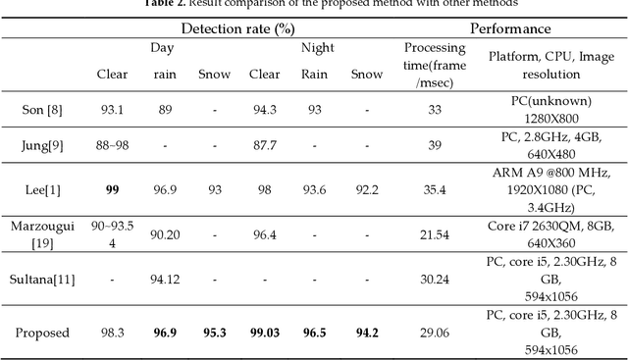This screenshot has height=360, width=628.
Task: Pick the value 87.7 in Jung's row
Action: (265, 144)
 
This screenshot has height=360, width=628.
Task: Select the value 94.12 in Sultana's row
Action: (164, 279)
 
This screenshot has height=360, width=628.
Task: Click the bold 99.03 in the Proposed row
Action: (265, 333)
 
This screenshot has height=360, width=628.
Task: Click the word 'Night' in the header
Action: (316, 47)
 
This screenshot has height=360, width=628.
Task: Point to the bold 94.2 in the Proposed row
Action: (367, 333)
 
